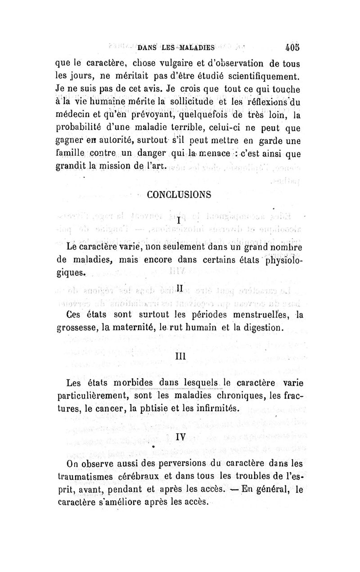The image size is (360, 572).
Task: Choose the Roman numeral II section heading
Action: pos(180,287)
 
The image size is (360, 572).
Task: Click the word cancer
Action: pos(109,409)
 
